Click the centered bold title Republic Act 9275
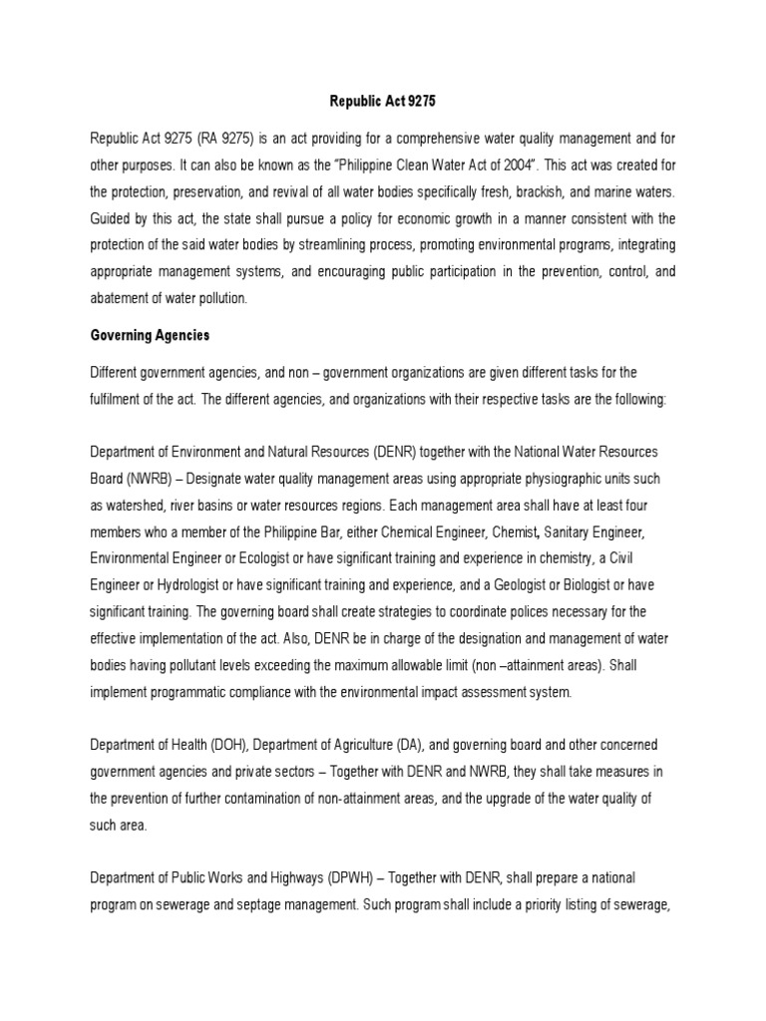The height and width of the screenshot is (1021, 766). [383, 101]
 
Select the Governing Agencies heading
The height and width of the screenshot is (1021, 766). [150, 337]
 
